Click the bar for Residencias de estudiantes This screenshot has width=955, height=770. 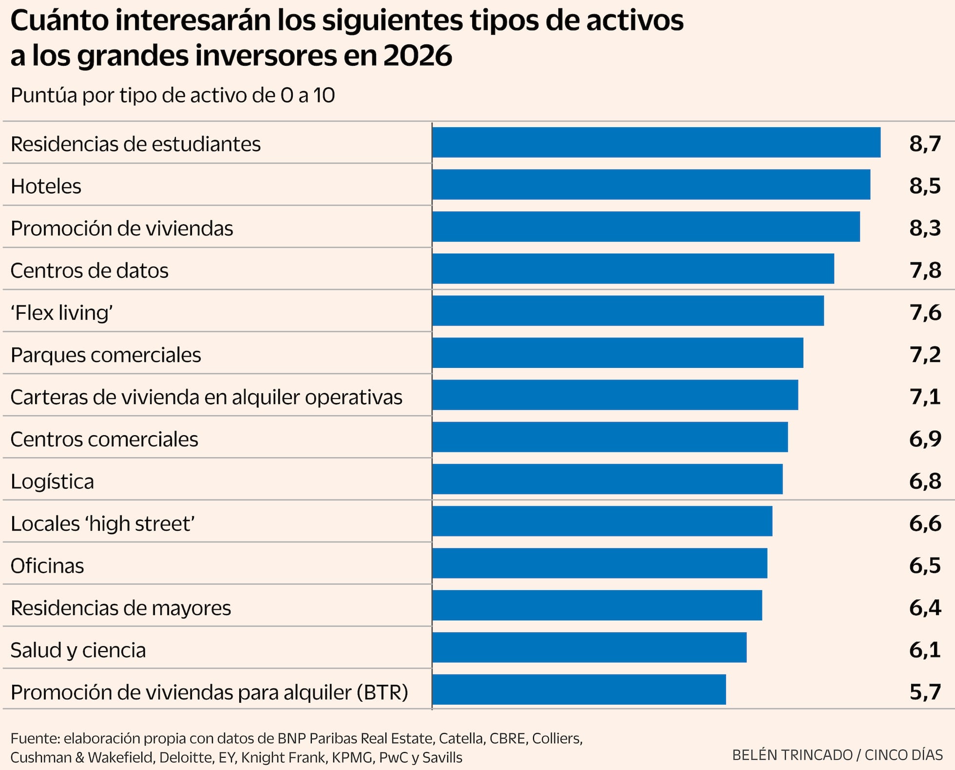point(656,142)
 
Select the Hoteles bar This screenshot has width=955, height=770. point(651,184)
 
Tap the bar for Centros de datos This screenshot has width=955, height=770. point(633,269)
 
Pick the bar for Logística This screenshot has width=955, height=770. point(607,479)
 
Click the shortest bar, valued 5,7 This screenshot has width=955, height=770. point(579,690)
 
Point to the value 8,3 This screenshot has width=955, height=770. point(925,228)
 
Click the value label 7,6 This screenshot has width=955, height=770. point(925,312)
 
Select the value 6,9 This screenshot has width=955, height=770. point(925,439)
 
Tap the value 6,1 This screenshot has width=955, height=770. point(925,650)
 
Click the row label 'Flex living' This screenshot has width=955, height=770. point(62,313)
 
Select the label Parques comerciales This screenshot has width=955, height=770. point(106,355)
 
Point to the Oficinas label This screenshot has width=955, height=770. point(47,566)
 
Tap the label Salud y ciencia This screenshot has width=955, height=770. point(78,650)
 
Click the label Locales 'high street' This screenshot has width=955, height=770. point(103,524)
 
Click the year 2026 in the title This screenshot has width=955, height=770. point(417,56)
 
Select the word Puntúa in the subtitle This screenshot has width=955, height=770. point(43,96)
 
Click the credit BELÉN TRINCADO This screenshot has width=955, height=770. point(792,755)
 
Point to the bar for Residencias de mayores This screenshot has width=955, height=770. point(597,605)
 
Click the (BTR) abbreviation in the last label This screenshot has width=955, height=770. point(382,693)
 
